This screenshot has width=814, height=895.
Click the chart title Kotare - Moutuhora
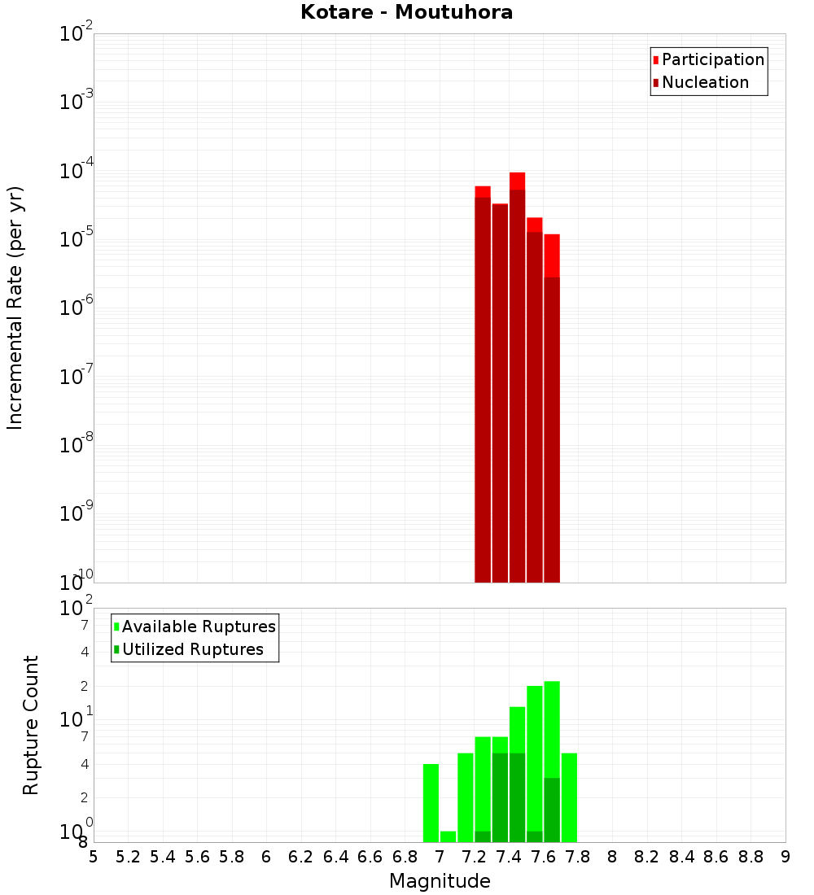(x=406, y=12)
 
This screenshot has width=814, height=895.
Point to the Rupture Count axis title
(x=31, y=725)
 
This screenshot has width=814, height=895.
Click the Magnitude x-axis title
(x=440, y=881)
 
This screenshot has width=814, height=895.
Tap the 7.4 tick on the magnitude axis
(x=509, y=857)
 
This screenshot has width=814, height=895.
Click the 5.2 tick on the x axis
(x=128, y=857)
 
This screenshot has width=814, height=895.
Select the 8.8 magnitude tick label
(x=751, y=857)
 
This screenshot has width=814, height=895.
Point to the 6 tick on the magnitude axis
(x=266, y=857)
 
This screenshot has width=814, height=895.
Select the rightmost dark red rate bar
(x=552, y=431)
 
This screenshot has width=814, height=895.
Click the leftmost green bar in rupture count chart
(x=431, y=802)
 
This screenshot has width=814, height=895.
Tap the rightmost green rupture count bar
(x=569, y=797)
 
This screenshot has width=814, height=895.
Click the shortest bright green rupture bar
(x=448, y=836)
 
